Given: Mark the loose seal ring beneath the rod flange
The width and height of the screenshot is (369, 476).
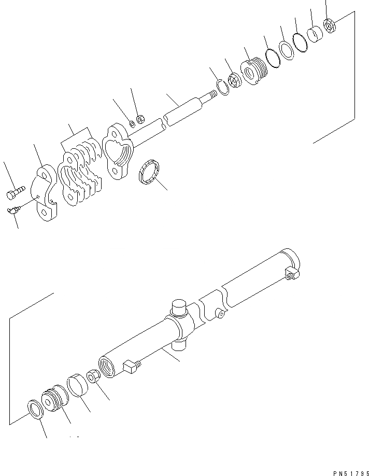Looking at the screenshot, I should [150, 172].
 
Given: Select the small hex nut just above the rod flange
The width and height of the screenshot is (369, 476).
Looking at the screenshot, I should [140, 120].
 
